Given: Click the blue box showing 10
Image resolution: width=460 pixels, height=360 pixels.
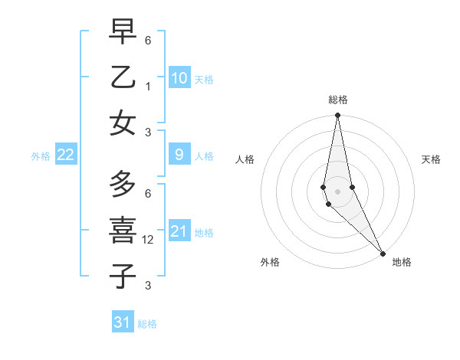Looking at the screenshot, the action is tap(179, 78).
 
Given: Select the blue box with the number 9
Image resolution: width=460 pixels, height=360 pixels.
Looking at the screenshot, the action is tap(179, 155).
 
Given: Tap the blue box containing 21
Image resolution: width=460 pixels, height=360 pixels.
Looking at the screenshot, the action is tap(179, 231).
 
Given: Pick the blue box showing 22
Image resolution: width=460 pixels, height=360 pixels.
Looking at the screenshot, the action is tap(66, 155).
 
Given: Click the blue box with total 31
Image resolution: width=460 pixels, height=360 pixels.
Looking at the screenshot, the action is tap(123, 322).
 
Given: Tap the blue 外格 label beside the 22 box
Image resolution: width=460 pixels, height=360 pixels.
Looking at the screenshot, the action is tap(41, 156).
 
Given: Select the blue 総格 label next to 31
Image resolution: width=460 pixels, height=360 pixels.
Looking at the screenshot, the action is tap(147, 324).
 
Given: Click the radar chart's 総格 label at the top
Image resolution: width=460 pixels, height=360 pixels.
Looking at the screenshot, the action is tap(338, 100).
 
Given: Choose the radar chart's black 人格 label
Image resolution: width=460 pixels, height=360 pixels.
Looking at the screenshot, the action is tap(245, 159).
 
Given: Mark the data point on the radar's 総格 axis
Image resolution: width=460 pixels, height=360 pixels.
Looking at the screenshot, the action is tap(337, 116).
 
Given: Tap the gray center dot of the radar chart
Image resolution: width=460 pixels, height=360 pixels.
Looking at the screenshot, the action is tap(337, 191).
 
